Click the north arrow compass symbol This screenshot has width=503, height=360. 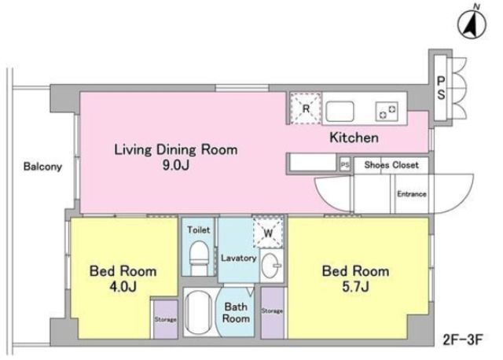(x=472, y=23)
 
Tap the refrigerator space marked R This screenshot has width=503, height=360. (x=306, y=108)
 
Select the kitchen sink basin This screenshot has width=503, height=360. (x=340, y=112)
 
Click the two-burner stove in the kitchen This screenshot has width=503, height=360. (x=387, y=112)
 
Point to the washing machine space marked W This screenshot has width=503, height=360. (x=268, y=232)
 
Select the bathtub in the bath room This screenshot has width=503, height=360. (x=199, y=311)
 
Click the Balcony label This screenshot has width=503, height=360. (x=42, y=167)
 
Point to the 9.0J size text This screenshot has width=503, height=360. (x=176, y=165)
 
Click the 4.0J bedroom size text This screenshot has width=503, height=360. (x=123, y=286)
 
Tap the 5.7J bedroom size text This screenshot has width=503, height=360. (x=355, y=286)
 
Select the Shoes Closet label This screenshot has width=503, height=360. (x=391, y=165)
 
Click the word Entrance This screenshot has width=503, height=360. (x=412, y=194)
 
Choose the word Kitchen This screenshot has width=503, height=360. (x=354, y=138)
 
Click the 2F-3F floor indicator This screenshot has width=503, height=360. (x=463, y=340)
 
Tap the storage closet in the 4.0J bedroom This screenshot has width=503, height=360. (x=166, y=319)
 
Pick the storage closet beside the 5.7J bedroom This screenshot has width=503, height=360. (x=273, y=313)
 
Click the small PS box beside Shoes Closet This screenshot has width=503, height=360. (x=345, y=165)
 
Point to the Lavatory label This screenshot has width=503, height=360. (x=239, y=258)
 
